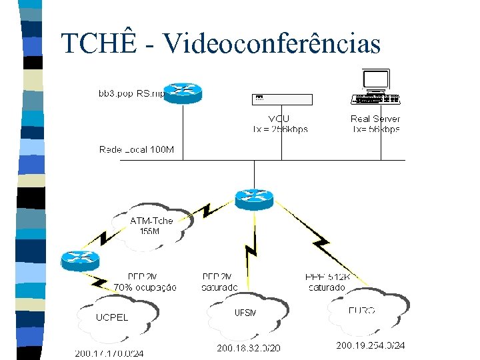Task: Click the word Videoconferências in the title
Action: pos(271,44)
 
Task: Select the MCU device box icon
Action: pos(281,99)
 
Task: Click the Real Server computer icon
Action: pos(375,87)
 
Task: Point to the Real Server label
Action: pos(375,119)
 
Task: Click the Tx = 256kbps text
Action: pos(281,129)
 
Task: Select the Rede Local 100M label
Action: pos(137,149)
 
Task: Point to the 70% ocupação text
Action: pos(145,287)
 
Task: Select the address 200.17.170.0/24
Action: pos(109,353)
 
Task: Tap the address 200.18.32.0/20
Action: pos(249,348)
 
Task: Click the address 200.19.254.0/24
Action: pos(370,345)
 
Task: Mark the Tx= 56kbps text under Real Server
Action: pos(376,129)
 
